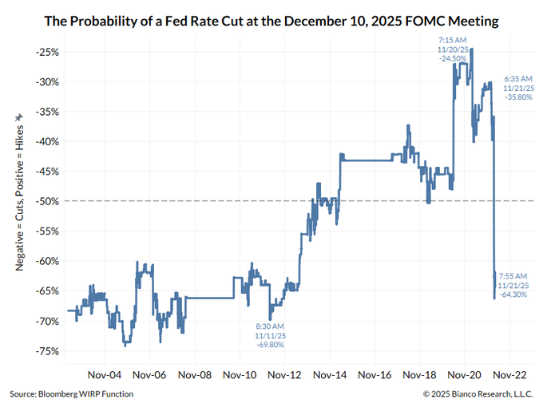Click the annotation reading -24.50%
point(452,58)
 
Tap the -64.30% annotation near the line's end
point(512,294)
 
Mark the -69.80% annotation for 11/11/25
point(270,345)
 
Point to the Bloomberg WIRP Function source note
point(72,394)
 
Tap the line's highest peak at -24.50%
point(472,49)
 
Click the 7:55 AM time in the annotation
point(512,275)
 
